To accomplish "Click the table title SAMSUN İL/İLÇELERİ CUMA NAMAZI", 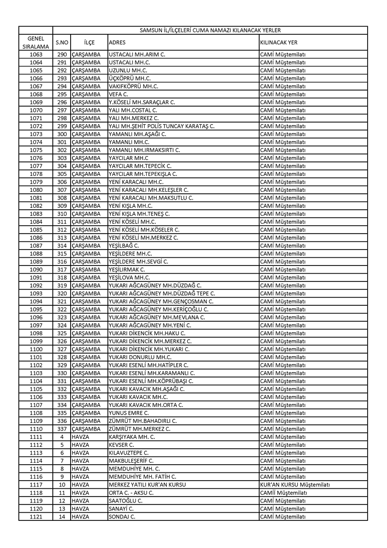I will click(210, 30).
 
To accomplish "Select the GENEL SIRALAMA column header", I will click(36, 42).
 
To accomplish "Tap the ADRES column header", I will click(118, 42).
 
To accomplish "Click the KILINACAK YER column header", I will click(279, 42).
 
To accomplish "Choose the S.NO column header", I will click(61, 42).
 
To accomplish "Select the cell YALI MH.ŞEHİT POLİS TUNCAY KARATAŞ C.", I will click(162, 126).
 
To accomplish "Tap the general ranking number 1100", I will click(36, 349).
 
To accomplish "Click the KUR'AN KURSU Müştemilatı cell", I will click(295, 485).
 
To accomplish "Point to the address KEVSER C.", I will click(121, 445).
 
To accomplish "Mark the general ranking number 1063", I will click(36, 54).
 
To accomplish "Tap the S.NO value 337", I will click(61, 429).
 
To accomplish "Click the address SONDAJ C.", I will click(122, 517).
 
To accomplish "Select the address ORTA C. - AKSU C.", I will click(131, 493).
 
